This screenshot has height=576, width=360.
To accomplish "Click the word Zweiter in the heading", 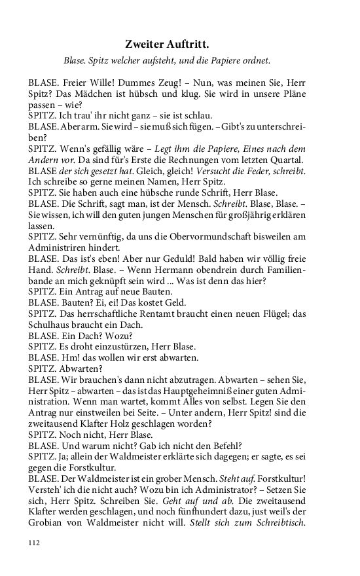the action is (145, 45).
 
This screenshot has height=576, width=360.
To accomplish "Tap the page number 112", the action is (35, 542).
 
